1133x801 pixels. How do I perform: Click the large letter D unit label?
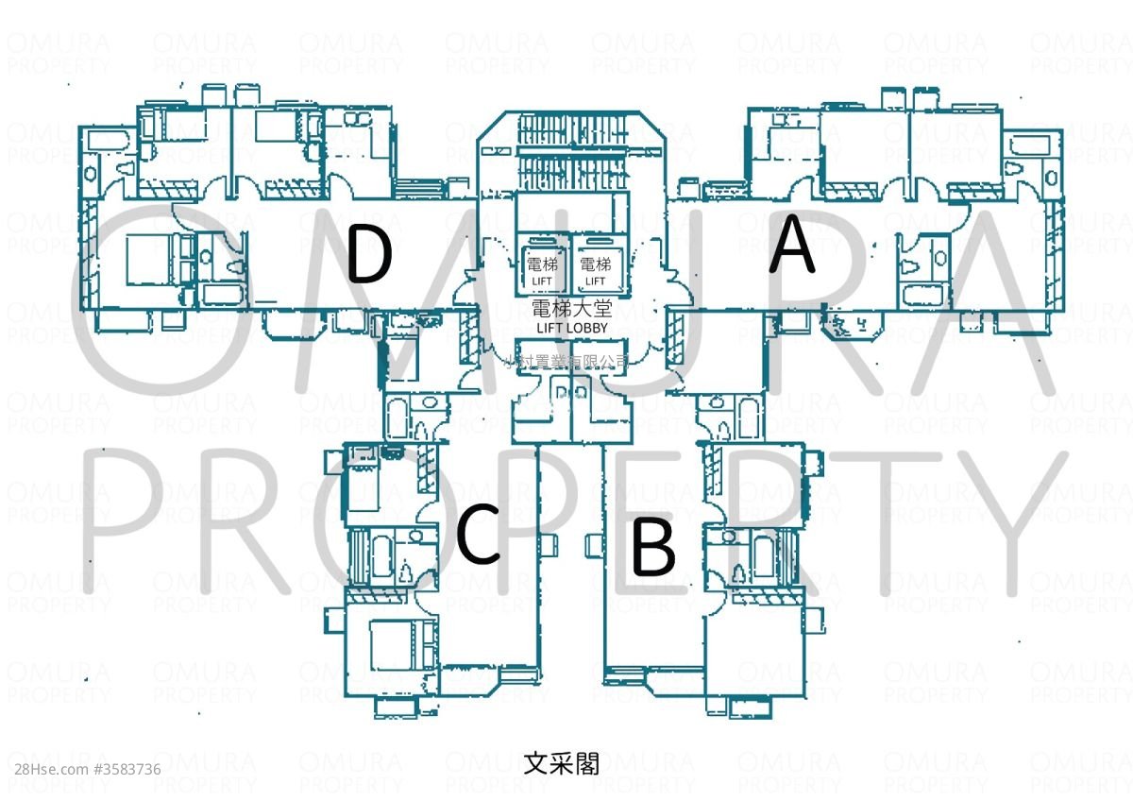[369, 254]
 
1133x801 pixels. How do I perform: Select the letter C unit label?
[478, 535]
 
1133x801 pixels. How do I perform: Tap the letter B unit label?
[652, 548]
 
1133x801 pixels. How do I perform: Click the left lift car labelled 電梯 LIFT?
[543, 269]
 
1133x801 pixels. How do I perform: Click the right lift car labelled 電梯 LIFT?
[595, 269]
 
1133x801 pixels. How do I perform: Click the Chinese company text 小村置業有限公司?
[567, 361]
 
